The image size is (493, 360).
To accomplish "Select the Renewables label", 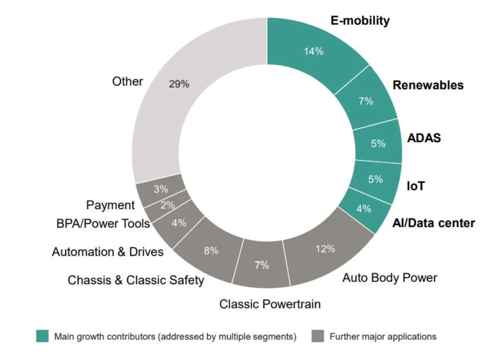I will pos(428,85).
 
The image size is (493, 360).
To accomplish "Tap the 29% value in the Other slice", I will pos(179,84).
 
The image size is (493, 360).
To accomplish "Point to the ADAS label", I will pos(424,138).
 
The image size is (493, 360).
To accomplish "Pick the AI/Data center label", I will pos(434,223).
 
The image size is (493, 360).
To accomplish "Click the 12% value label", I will pos(325,249).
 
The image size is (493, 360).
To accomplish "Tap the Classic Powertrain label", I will pos(270,304).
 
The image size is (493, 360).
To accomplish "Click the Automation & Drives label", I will pos(108,252).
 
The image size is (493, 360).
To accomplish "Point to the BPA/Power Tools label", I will pos(103,223).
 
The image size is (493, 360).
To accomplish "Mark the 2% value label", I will pos(168,206).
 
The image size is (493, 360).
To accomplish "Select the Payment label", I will pos(110,205).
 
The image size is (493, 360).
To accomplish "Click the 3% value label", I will pos(161,189).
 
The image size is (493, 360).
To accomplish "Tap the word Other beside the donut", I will pos(127,81).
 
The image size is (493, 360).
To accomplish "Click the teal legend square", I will pos(42,336).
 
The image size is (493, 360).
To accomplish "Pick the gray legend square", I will pos(317,336).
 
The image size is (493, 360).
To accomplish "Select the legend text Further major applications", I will pos(383,337).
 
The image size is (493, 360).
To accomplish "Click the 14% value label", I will pos(314,51).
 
